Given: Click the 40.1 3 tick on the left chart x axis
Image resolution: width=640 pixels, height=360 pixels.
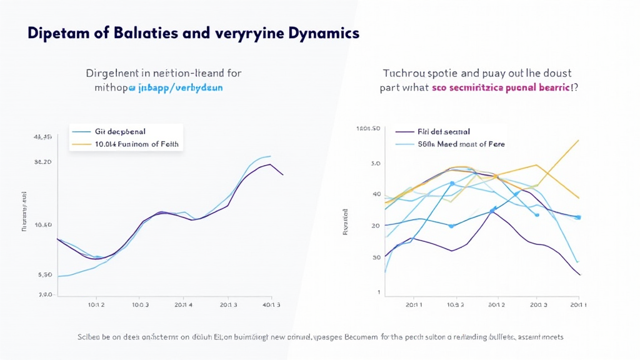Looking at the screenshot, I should tap(270, 305).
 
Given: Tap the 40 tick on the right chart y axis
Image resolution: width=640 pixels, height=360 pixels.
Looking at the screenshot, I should tap(376, 194).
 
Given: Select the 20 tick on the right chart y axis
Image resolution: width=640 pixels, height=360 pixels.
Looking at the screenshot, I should tap(376, 226).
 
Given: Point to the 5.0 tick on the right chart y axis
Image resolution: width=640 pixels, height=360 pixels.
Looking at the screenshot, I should tap(376, 164).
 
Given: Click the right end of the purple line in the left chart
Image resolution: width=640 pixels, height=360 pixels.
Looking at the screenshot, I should tap(283, 175).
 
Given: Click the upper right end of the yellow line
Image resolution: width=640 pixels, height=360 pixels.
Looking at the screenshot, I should tap(579, 140).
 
